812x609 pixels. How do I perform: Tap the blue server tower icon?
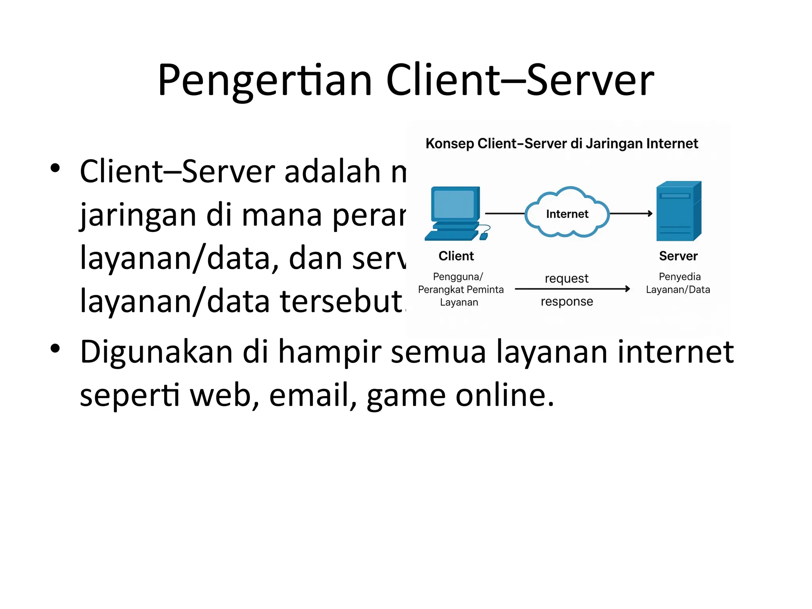click(678, 211)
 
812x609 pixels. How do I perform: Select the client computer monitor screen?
click(454, 204)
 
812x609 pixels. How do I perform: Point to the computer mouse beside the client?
click(484, 236)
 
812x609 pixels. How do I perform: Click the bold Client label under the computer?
click(456, 256)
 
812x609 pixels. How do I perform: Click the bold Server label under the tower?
click(678, 256)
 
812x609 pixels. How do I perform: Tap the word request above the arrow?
click(567, 278)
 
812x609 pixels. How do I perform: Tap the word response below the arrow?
click(567, 301)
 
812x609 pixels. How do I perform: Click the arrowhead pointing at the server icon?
click(650, 213)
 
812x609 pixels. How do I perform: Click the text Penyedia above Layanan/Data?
click(680, 276)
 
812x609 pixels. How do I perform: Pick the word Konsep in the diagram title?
click(450, 144)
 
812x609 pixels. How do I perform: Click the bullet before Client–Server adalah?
click(55, 168)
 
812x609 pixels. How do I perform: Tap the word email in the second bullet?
click(309, 395)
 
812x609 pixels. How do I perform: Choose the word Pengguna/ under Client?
click(458, 276)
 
